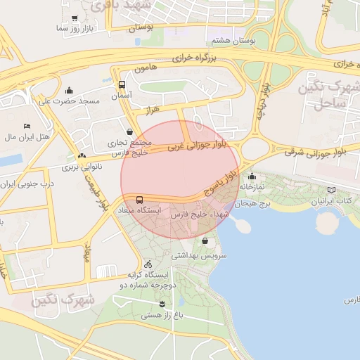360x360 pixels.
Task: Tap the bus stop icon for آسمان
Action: [x=122, y=84]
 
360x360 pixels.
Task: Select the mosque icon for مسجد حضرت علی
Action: [x=69, y=91]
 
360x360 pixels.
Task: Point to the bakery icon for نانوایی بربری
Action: [x=82, y=156]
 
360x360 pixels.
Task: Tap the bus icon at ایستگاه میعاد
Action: [x=139, y=200]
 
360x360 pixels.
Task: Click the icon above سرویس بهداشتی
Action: [x=205, y=241]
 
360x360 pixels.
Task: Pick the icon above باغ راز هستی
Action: [x=162, y=304]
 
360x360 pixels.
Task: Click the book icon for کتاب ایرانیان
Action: [x=331, y=190]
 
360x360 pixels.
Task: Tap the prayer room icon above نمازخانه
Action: [x=252, y=176]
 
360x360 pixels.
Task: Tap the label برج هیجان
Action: [x=253, y=203]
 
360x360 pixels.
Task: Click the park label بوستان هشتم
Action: [x=236, y=41]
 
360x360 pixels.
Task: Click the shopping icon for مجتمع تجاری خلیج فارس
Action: [x=129, y=131]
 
